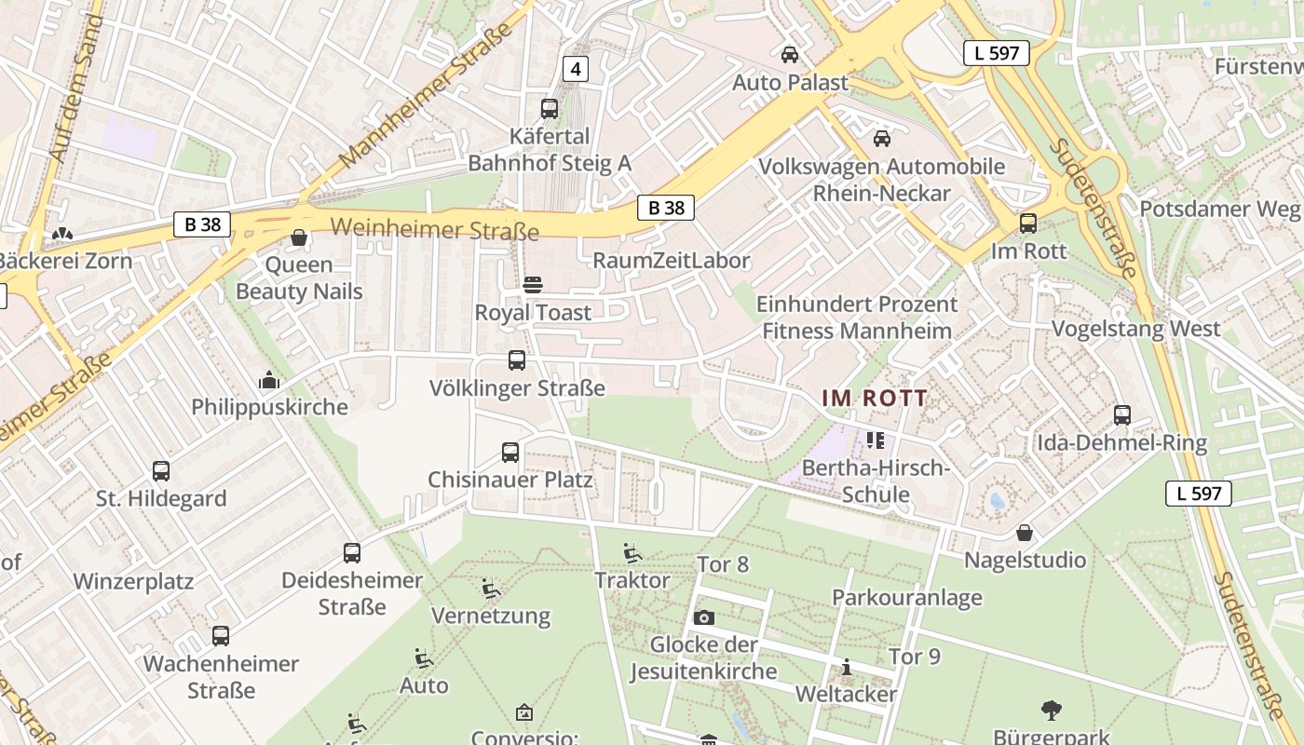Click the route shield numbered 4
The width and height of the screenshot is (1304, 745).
click(x=576, y=68)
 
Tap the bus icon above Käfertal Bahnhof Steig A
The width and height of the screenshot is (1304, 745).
click(x=550, y=108)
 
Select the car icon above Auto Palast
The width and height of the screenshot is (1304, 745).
click(x=790, y=55)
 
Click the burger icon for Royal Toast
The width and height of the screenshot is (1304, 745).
click(x=533, y=284)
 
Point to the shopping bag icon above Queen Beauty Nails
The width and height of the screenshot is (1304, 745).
click(x=299, y=237)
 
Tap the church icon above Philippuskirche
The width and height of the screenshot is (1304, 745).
click(x=269, y=380)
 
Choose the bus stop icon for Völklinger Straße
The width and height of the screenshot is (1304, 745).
click(x=517, y=360)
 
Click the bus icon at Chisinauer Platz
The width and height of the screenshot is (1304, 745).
click(x=510, y=453)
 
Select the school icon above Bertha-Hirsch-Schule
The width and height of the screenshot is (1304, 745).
click(x=875, y=440)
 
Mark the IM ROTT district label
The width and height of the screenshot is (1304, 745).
click(x=875, y=399)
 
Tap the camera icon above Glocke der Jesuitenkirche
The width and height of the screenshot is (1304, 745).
click(x=704, y=617)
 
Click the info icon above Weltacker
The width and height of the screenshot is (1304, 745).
click(x=847, y=667)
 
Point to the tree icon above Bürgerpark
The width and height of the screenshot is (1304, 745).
click(x=1052, y=711)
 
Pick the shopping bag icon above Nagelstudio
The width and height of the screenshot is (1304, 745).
click(x=1025, y=533)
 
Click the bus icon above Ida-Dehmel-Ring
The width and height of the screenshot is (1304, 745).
click(x=1122, y=415)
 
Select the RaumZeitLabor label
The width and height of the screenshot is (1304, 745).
click(x=671, y=261)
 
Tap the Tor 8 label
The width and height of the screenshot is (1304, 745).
click(x=723, y=564)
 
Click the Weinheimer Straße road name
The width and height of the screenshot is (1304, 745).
click(x=435, y=229)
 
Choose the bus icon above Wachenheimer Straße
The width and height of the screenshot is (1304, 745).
click(x=221, y=636)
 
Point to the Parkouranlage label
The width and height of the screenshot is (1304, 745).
click(x=906, y=598)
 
